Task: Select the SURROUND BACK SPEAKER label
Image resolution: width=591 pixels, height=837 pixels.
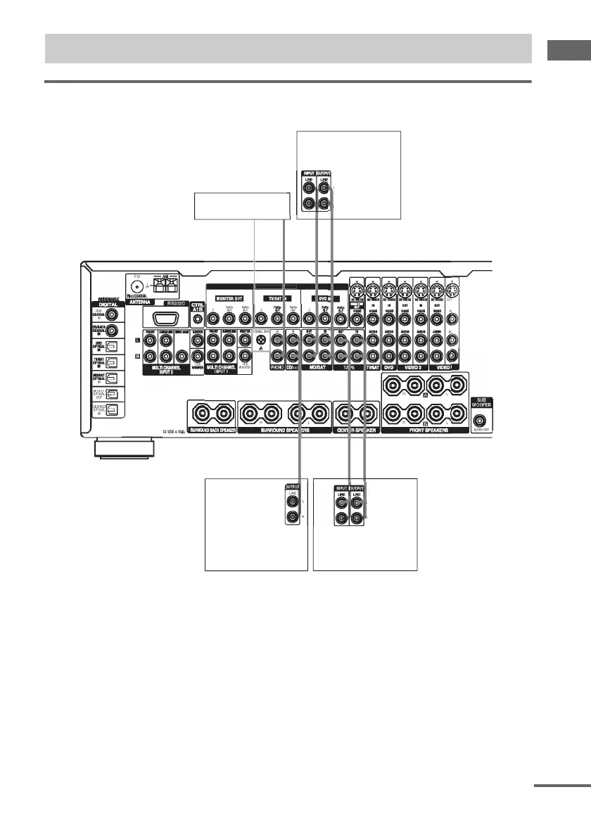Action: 209,428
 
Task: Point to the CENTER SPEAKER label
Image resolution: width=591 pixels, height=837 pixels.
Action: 356,428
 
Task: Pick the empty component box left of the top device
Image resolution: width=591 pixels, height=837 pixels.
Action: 241,205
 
